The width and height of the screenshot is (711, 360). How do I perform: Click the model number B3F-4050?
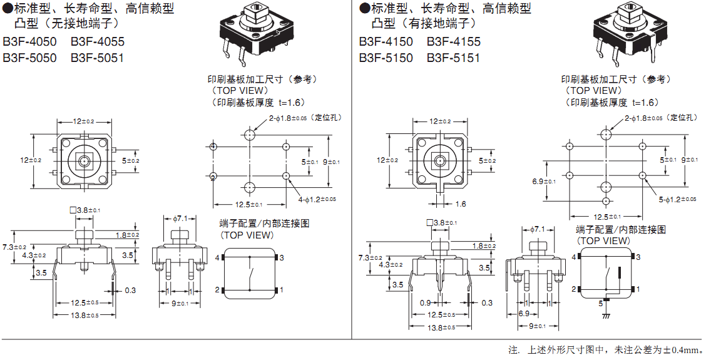pyautogui.click(x=29, y=42)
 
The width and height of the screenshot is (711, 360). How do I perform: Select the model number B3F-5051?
pyautogui.click(x=97, y=58)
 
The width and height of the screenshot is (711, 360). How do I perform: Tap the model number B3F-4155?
pyautogui.click(x=454, y=42)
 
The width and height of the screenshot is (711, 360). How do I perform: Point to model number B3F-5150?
pyautogui.click(x=386, y=58)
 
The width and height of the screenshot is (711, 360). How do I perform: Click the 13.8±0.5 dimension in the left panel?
pyautogui.click(x=84, y=315)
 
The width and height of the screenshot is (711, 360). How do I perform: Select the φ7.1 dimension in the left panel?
pyautogui.click(x=180, y=219)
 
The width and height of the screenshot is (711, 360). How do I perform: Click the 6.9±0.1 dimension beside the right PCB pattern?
pyautogui.click(x=544, y=181)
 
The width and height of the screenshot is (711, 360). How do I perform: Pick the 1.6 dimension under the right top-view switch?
pyautogui.click(x=460, y=204)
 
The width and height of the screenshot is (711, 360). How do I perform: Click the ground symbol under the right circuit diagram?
pyautogui.click(x=606, y=314)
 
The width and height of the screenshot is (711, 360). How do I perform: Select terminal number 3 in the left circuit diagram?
pyautogui.click(x=282, y=257)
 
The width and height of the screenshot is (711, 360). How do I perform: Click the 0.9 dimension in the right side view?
pyautogui.click(x=425, y=302)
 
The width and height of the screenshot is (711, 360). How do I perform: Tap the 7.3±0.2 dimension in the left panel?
pyautogui.click(x=14, y=247)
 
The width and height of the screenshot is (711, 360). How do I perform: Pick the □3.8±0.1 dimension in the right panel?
pyautogui.click(x=441, y=222)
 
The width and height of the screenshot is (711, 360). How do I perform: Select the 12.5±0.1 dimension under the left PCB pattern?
pyautogui.click(x=248, y=204)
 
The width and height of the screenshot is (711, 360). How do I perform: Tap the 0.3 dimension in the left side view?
pyautogui.click(x=130, y=290)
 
